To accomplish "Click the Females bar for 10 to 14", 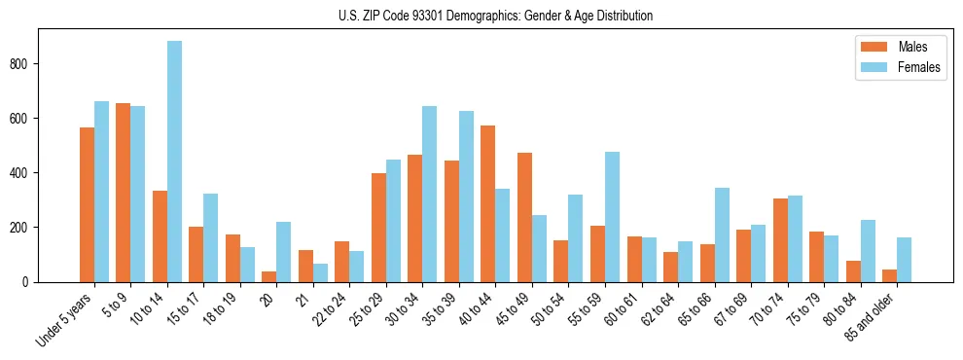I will (174, 162).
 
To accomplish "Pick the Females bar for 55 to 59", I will (612, 217).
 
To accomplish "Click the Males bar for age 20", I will (269, 276).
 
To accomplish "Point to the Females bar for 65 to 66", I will (722, 234).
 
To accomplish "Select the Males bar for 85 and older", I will (890, 275).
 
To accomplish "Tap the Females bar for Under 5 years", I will (101, 192).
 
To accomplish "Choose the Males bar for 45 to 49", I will (524, 217).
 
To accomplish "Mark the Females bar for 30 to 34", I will (430, 194).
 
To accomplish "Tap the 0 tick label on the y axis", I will (29, 282).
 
